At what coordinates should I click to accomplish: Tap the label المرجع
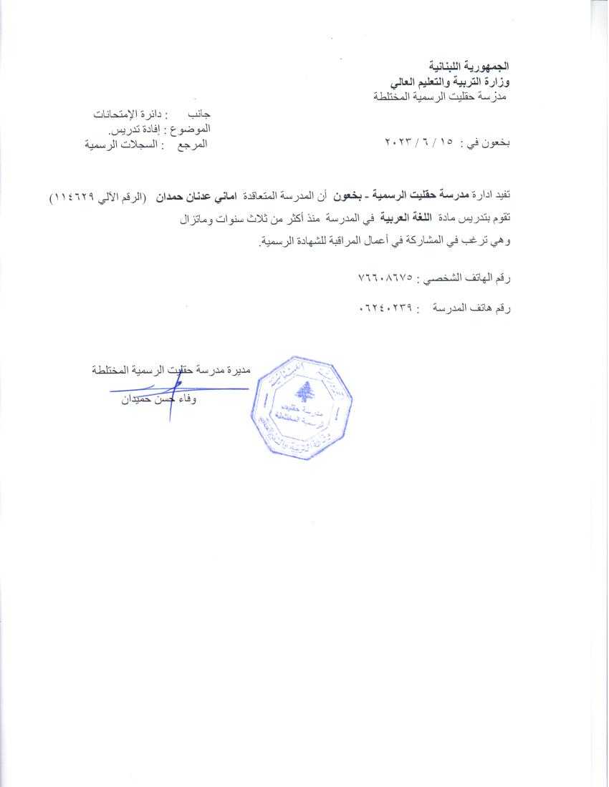click(x=191, y=145)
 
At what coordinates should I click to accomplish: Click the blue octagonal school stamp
click(x=302, y=406)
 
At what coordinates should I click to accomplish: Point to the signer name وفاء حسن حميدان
click(x=159, y=399)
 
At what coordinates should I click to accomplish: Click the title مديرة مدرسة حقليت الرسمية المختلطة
click(x=171, y=370)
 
